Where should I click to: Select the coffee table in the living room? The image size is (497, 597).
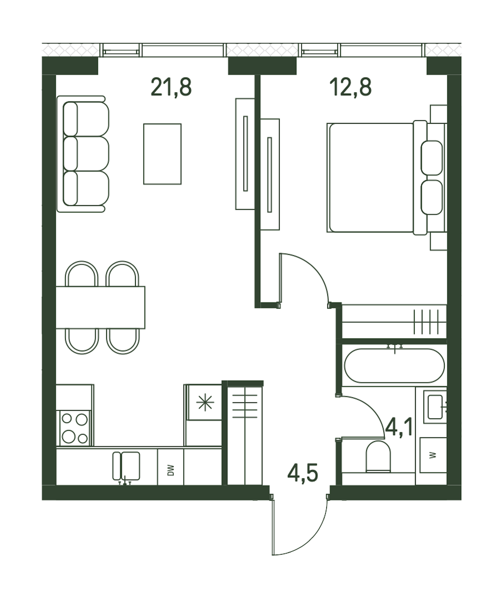(x=162, y=154)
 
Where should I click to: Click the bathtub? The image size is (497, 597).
(x=394, y=365)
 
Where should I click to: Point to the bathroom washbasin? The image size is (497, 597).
(x=435, y=407)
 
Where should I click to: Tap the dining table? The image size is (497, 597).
(x=100, y=307)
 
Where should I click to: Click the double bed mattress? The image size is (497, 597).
(x=371, y=178)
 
